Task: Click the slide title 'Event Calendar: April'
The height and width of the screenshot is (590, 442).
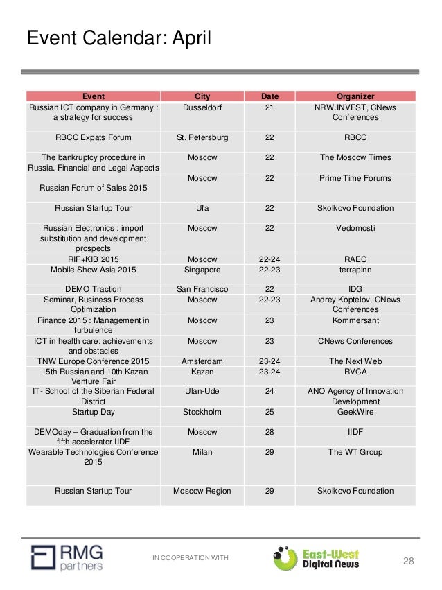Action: pyautogui.click(x=118, y=38)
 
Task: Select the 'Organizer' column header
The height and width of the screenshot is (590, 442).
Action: pyautogui.click(x=355, y=96)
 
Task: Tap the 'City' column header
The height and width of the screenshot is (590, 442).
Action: pyautogui.click(x=202, y=96)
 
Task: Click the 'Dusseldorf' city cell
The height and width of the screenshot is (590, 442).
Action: pyautogui.click(x=202, y=107)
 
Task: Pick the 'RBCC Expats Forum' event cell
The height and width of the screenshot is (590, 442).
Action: pyautogui.click(x=94, y=137)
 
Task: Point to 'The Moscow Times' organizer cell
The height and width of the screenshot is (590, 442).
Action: pyautogui.click(x=355, y=157)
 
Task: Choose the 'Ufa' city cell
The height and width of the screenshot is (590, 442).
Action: pyautogui.click(x=202, y=208)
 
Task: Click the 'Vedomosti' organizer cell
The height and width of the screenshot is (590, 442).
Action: pyautogui.click(x=355, y=228)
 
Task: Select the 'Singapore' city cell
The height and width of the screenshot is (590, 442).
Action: pyautogui.click(x=202, y=269)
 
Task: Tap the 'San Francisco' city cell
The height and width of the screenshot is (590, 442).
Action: pyautogui.click(x=202, y=289)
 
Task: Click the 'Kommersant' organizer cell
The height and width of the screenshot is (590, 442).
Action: pyautogui.click(x=355, y=320)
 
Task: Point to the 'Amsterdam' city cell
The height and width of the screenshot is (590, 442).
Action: pyautogui.click(x=202, y=361)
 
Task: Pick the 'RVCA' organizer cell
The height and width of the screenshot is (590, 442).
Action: pyautogui.click(x=355, y=371)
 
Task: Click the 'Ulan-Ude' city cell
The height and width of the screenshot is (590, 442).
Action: pyautogui.click(x=202, y=391)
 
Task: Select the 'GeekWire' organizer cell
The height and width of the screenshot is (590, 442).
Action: pyautogui.click(x=355, y=412)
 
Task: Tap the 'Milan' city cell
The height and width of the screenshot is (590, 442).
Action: pyautogui.click(x=202, y=452)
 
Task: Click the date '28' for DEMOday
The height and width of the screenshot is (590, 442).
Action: pyautogui.click(x=269, y=432)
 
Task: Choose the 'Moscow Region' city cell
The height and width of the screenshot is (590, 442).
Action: pyautogui.click(x=202, y=491)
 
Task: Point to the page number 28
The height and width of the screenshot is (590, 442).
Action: pyautogui.click(x=408, y=560)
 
